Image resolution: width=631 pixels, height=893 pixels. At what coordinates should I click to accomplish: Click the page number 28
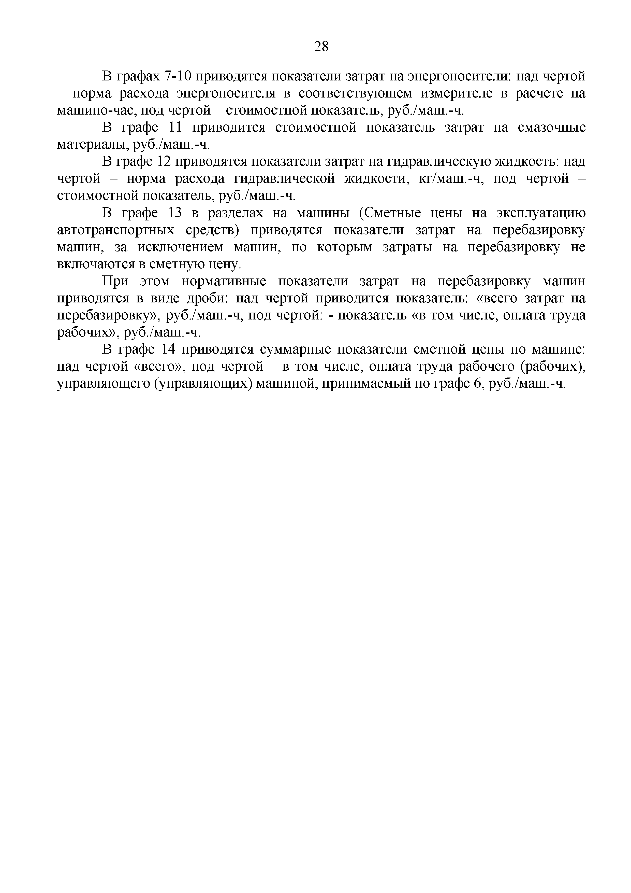(x=321, y=47)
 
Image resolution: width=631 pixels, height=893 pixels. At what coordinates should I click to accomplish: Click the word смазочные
(x=552, y=128)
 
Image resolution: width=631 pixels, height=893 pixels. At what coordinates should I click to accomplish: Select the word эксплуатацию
(x=540, y=213)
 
